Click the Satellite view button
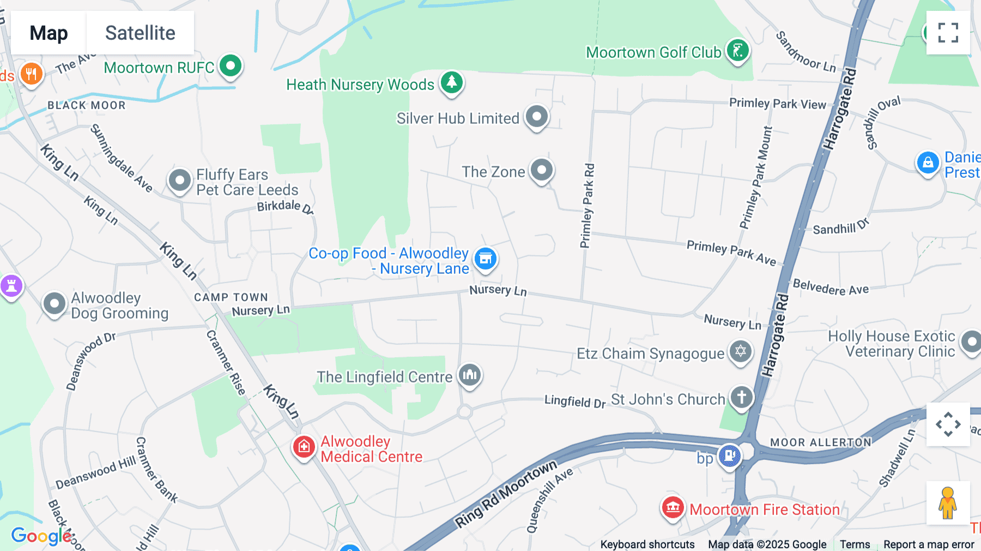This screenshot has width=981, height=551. (140, 33)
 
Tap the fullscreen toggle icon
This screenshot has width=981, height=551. (948, 33)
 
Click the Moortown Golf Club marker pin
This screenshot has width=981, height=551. (738, 51)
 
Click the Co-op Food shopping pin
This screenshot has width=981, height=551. (485, 259)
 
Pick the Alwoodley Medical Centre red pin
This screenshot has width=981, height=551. (304, 447)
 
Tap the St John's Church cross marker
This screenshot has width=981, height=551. (741, 398)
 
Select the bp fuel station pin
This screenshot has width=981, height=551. (729, 456)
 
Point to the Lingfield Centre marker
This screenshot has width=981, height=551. (469, 375)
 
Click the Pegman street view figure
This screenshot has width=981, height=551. (947, 503)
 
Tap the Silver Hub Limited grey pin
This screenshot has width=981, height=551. (537, 117)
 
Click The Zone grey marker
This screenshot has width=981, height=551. (542, 170)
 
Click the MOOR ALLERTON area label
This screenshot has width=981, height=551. (820, 442)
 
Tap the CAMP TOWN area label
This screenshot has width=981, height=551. (231, 297)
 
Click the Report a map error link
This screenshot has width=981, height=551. (929, 544)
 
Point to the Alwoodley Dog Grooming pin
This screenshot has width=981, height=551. (55, 304)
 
